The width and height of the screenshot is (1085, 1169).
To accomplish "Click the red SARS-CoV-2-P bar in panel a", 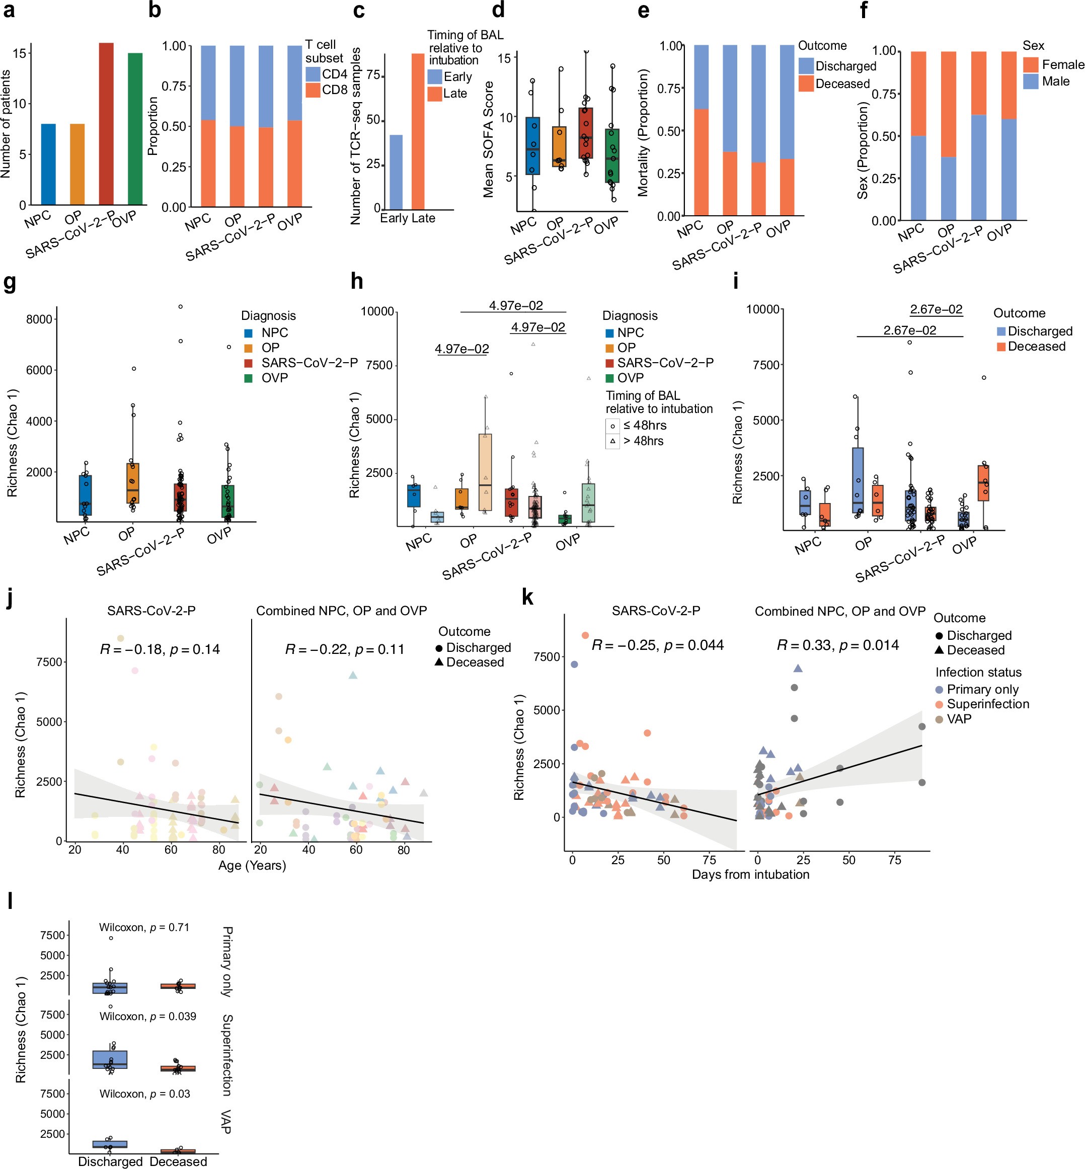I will tap(106, 124).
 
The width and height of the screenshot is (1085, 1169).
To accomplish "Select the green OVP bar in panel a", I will tap(135, 129).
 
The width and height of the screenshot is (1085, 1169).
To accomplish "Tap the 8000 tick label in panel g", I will tap(39, 319).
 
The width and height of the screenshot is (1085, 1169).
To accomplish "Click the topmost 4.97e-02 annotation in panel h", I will tap(515, 306).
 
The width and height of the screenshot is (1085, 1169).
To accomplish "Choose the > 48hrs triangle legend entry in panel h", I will tap(643, 441).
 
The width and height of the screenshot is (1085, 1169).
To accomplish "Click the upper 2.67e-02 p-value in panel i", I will tap(936, 309).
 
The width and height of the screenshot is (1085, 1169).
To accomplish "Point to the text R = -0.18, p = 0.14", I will tap(160, 649).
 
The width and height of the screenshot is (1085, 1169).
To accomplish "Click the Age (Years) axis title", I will tap(252, 865).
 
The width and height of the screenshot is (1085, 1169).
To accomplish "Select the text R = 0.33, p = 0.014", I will tap(838, 645).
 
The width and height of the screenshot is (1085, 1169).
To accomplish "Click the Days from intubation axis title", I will tap(750, 874).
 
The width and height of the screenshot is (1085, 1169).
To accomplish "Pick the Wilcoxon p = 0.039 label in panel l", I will tap(147, 1016).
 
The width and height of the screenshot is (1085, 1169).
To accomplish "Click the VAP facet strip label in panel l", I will tap(226, 1122).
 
